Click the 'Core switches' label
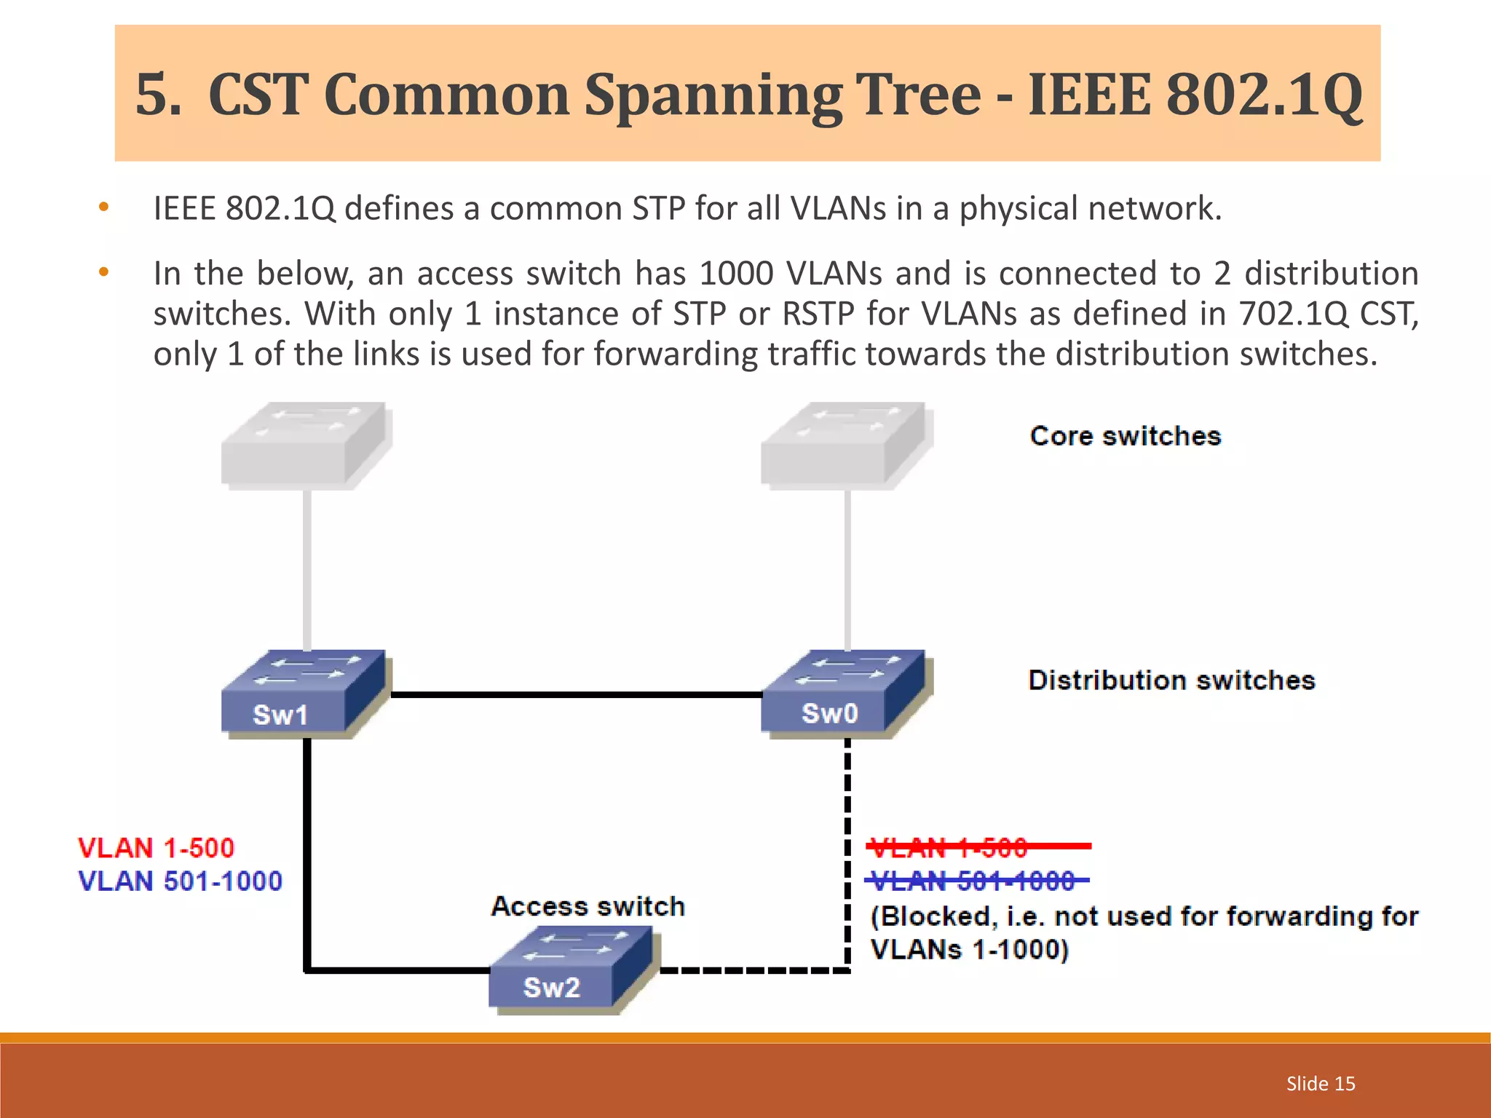pos(1125,436)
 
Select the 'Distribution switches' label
pos(1171,680)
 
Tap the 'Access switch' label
pos(588,906)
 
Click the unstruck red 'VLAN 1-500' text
pos(156,848)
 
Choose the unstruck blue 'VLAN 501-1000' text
pos(180,881)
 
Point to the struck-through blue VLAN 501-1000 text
pos(973,881)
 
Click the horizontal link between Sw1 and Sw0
pos(575,695)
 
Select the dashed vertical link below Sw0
pos(847,837)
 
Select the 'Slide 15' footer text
pos(1321,1084)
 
